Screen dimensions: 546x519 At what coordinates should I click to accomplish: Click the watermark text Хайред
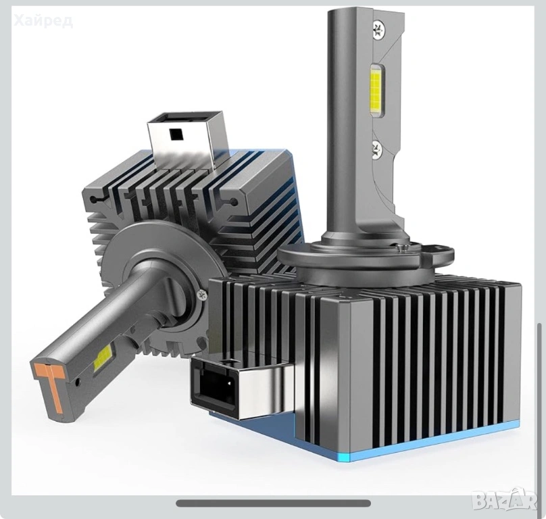click(x=44, y=20)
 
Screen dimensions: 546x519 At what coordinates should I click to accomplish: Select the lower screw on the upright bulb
click(x=376, y=149)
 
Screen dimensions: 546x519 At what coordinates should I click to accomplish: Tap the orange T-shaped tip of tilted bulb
click(x=51, y=385)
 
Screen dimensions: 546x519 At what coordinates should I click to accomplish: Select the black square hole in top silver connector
click(x=175, y=134)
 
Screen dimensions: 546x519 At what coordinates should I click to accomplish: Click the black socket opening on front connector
click(x=214, y=385)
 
